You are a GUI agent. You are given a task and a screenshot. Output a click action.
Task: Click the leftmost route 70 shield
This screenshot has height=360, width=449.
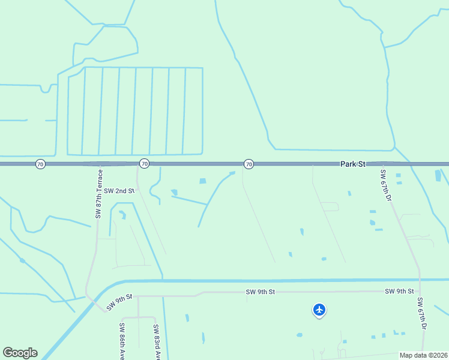pyautogui.click(x=40, y=164)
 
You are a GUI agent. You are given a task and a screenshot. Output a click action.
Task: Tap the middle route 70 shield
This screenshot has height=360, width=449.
pyautogui.click(x=144, y=164)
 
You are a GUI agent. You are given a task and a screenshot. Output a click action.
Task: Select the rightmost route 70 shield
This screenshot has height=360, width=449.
pyautogui.click(x=249, y=164)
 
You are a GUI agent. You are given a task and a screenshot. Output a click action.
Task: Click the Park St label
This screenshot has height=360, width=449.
pyautogui.click(x=352, y=164)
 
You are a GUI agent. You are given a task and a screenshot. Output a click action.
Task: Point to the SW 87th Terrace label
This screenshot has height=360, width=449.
pyautogui.click(x=100, y=193)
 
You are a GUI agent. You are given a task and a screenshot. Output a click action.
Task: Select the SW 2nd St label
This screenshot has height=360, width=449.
pyautogui.click(x=118, y=191)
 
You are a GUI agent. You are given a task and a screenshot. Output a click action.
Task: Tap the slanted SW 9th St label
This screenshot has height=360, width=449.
pyautogui.click(x=119, y=302)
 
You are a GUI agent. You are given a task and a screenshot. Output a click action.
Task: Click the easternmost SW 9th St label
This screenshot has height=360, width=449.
pyautogui.click(x=399, y=291)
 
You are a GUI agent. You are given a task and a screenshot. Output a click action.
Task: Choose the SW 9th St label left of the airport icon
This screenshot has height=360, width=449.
pyautogui.click(x=260, y=292)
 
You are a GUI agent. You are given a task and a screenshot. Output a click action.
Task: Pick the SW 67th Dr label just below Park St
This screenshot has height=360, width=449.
pyautogui.click(x=385, y=185)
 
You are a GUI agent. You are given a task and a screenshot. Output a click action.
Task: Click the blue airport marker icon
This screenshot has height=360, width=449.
pyautogui.click(x=319, y=310)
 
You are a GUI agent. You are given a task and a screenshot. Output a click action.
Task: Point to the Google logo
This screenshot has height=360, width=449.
pyautogui.click(x=20, y=353)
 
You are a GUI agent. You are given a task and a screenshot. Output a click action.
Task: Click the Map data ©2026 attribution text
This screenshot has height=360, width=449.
pyautogui.click(x=423, y=355)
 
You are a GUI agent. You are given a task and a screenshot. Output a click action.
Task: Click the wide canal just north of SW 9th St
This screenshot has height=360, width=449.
pyautogui.click(x=270, y=280)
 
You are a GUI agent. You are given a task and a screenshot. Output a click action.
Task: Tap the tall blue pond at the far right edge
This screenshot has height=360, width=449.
pyautogui.click(x=438, y=175)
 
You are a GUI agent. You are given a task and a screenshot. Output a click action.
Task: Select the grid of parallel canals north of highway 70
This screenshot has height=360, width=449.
pyautogui.click(x=134, y=110)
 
